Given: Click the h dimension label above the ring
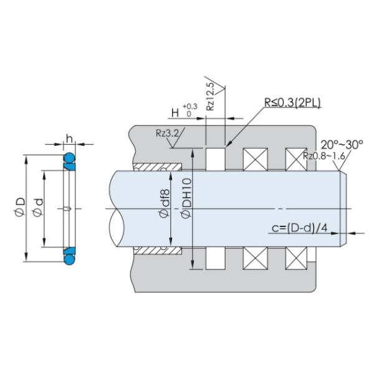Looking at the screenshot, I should (x=70, y=138).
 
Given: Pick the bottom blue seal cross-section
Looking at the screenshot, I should (x=69, y=254).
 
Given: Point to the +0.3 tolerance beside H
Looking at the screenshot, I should (x=190, y=107).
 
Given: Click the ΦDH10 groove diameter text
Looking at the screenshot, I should (x=185, y=200).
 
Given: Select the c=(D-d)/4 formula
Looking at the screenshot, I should (x=300, y=228).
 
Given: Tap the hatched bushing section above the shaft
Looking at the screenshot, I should (x=156, y=167).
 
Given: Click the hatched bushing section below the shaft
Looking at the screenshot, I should (x=156, y=249).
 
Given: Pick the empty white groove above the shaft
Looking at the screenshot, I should (x=214, y=159).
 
